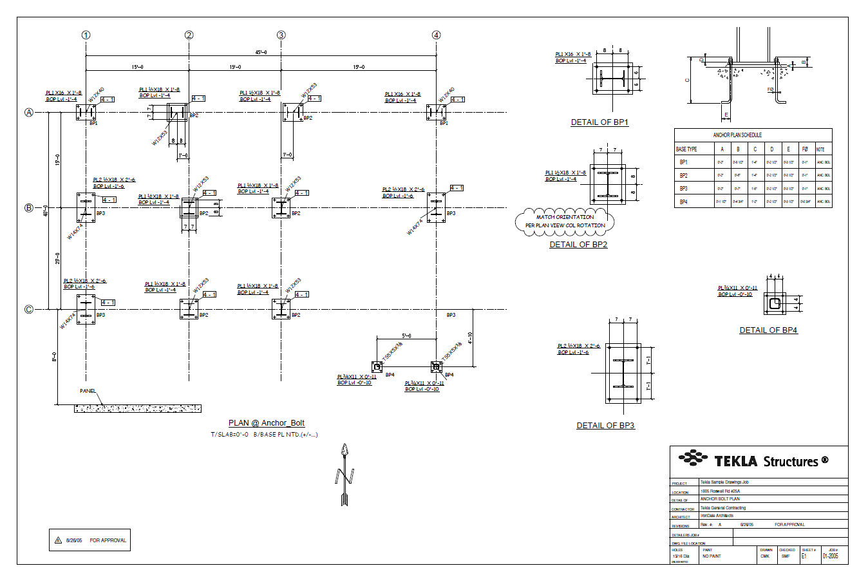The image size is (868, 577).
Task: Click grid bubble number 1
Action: point(86,35)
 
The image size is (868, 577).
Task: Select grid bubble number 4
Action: point(437,35)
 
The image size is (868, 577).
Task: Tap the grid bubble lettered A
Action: point(28,112)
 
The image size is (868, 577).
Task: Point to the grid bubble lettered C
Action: point(28,309)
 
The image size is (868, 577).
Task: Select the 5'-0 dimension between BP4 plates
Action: point(406,336)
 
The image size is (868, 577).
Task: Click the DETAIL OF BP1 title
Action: point(599,122)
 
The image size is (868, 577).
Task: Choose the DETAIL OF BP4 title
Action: point(768,330)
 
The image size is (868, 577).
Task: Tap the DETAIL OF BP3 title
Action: point(605,426)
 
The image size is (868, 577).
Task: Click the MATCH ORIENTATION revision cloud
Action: point(565,221)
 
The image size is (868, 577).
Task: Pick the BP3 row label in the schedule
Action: point(683,189)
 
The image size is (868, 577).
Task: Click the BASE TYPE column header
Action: point(686,149)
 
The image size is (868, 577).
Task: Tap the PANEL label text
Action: point(88,391)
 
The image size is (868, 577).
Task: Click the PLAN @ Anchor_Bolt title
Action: point(267,423)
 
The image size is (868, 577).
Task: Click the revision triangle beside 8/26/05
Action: point(58,540)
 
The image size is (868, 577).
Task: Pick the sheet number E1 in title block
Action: point(804,556)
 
